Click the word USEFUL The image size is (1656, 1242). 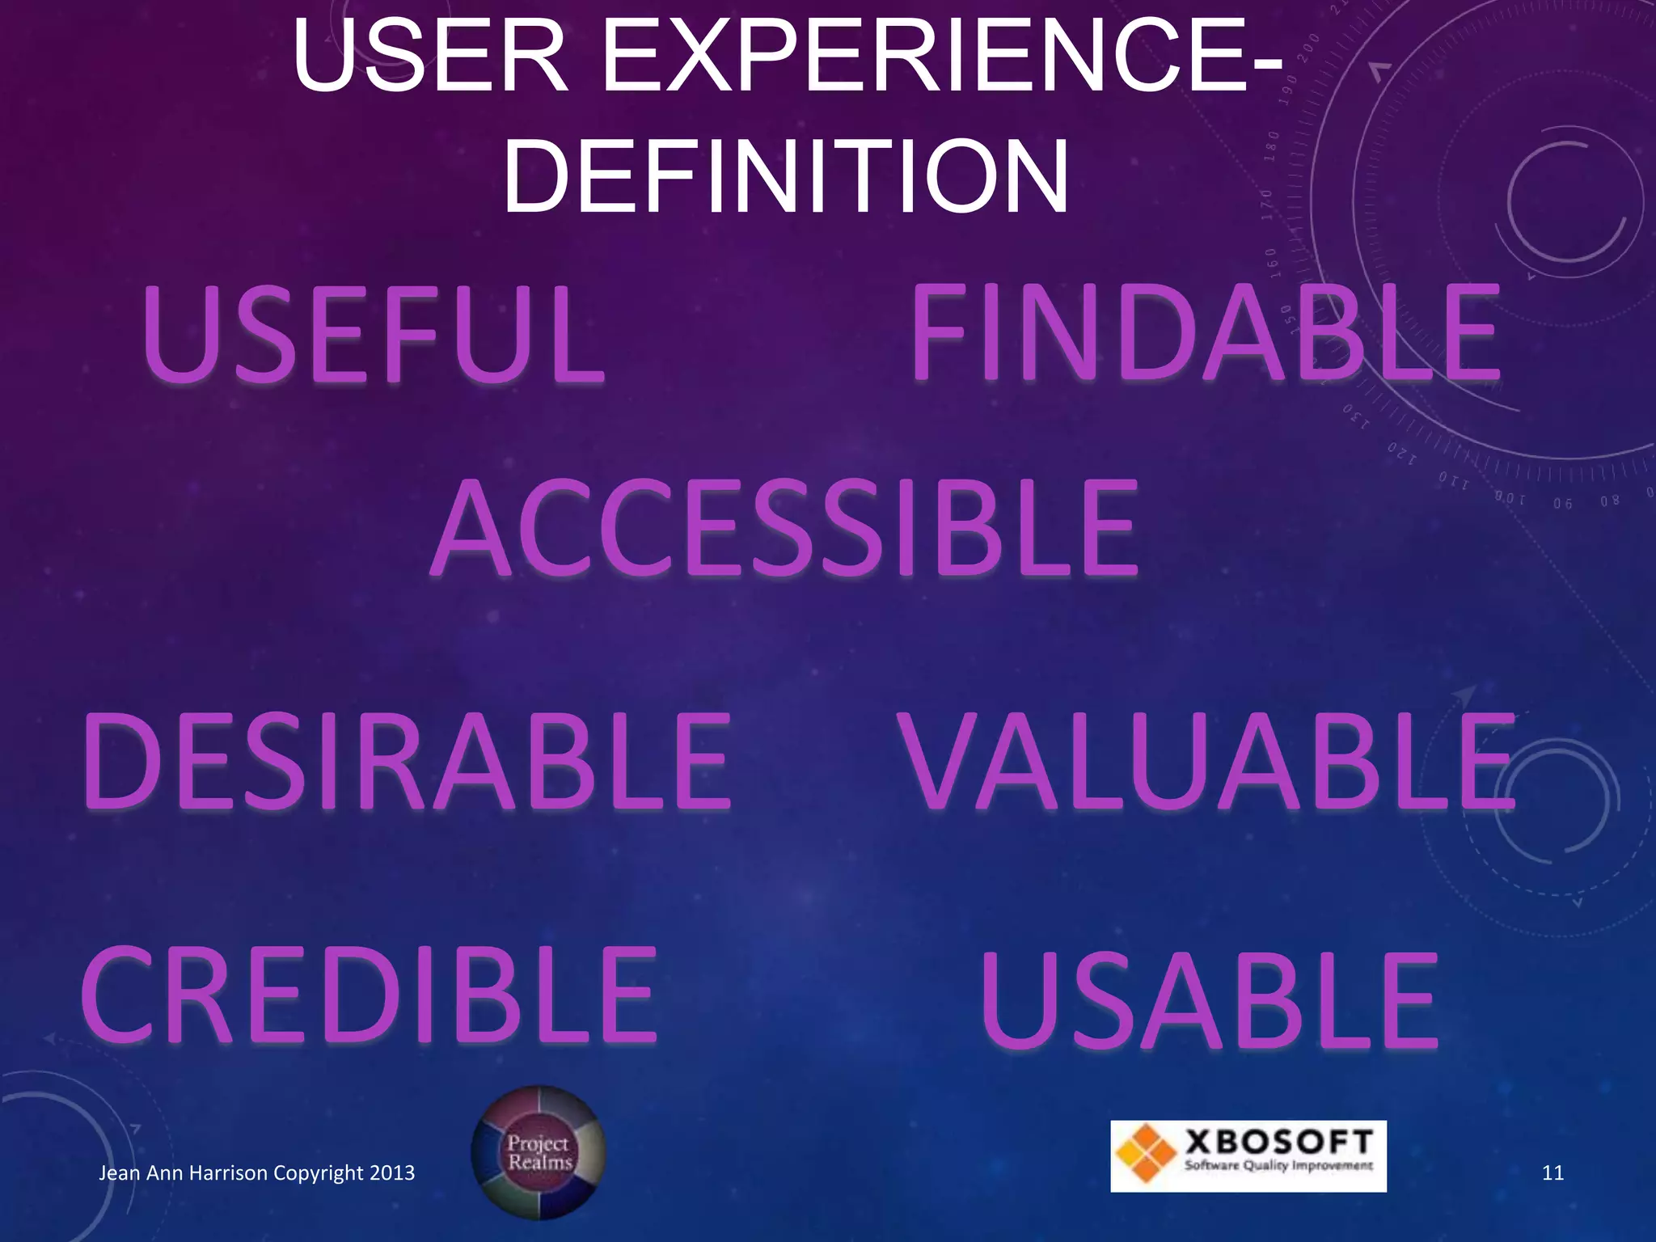374,335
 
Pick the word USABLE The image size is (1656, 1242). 1209,999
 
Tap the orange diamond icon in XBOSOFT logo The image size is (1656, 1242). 1144,1155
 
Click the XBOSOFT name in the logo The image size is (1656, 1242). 1279,1142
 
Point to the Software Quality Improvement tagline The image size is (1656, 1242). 1279,1166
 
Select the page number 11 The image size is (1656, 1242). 1552,1173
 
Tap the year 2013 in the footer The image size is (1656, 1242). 391,1173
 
